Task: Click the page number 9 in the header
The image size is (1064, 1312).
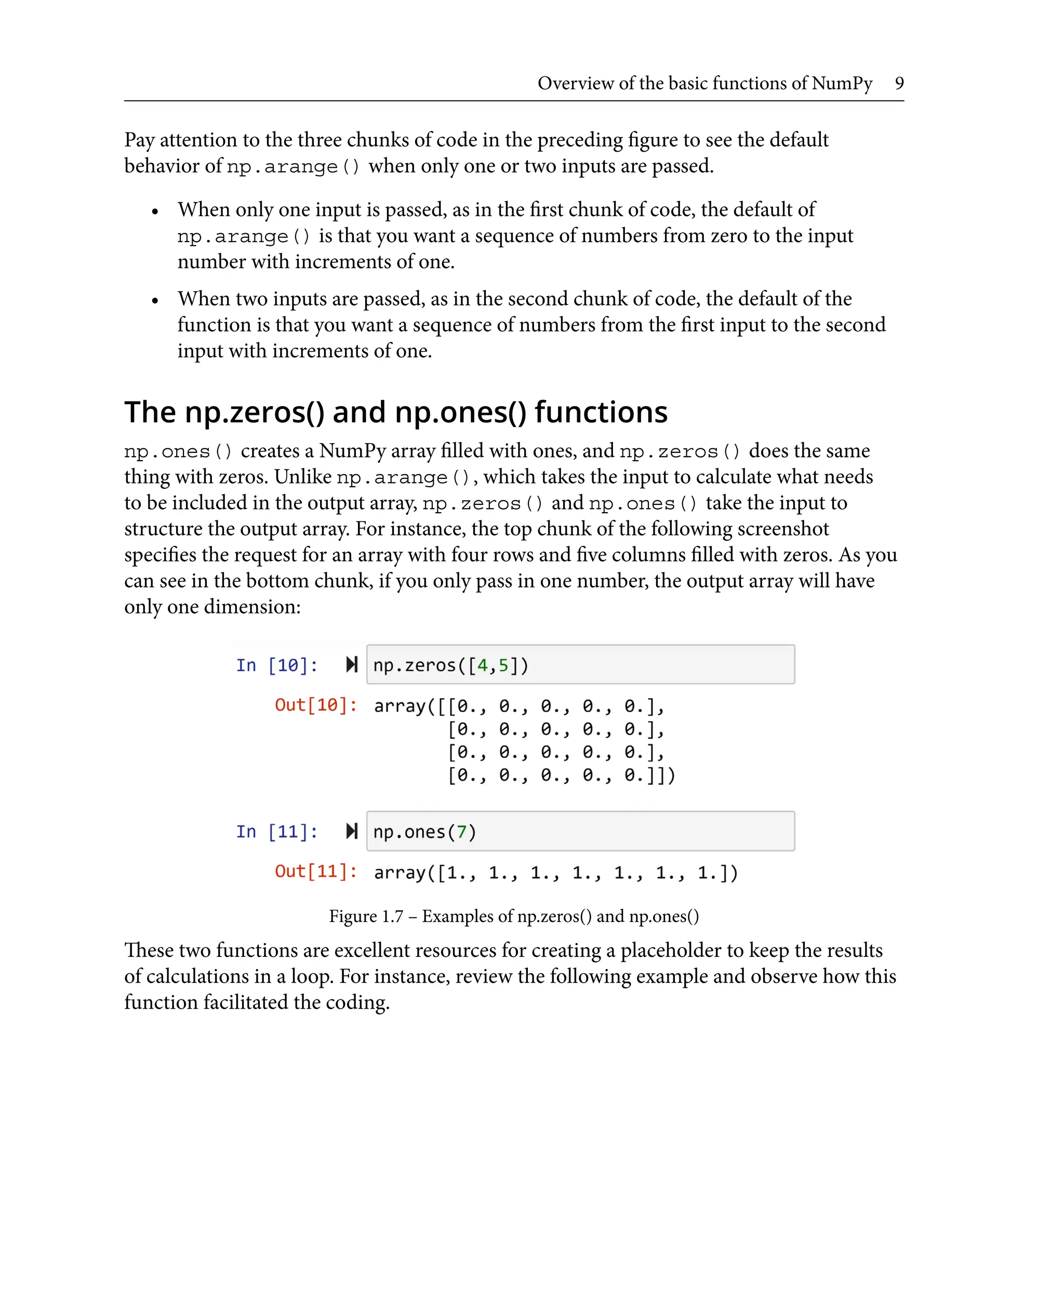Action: [x=898, y=83]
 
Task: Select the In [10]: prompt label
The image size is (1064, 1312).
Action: [x=277, y=665]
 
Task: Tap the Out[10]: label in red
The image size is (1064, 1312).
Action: [x=316, y=705]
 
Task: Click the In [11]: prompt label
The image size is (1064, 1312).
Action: [x=277, y=832]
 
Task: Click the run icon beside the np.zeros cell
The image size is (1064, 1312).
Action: [x=352, y=664]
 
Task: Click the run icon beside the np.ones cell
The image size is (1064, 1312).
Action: [x=352, y=831]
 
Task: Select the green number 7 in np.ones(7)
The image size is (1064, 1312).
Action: [x=461, y=832]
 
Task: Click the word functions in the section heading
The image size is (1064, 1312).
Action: [x=601, y=412]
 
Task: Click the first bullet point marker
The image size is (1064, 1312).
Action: [x=155, y=211]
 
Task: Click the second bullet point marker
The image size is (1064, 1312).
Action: [x=155, y=300]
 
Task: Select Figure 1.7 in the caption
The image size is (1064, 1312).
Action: [x=366, y=916]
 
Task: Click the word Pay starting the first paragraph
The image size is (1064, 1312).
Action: [x=139, y=140]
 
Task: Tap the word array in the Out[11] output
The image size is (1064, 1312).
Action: [x=399, y=872]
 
